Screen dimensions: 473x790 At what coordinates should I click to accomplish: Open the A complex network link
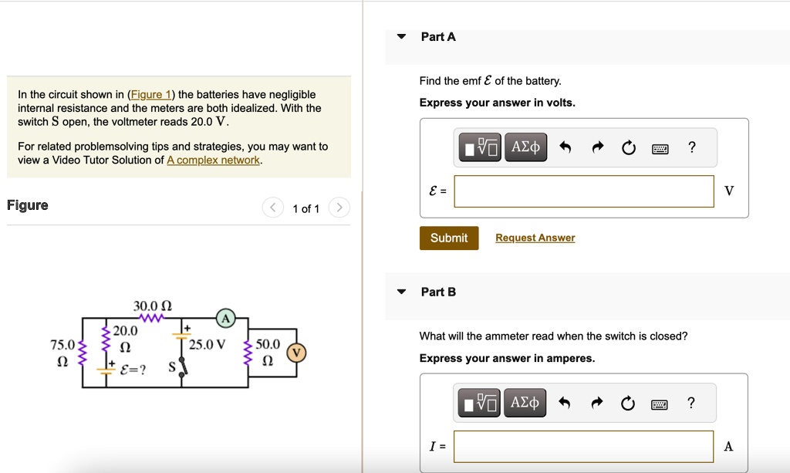213,160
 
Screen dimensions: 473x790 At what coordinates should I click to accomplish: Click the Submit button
449,238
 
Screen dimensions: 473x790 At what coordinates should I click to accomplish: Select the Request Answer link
535,238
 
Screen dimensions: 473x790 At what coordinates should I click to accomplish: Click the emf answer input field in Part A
583,191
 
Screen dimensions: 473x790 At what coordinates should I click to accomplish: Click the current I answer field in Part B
583,446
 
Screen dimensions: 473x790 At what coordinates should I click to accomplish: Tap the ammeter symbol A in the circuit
225,318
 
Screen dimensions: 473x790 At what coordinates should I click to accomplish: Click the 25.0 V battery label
207,345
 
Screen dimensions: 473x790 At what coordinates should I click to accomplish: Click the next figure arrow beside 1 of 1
339,208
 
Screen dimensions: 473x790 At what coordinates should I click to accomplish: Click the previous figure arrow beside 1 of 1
273,208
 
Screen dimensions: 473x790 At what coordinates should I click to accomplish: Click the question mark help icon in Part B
691,403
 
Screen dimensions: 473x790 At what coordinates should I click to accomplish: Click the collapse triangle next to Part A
401,37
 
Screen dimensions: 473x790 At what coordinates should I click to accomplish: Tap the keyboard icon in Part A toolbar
660,148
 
